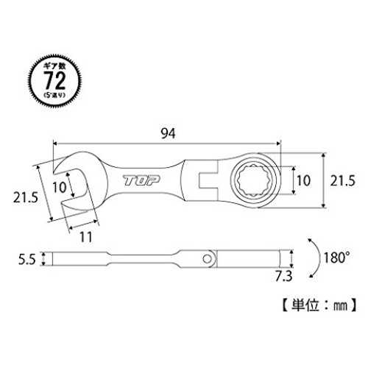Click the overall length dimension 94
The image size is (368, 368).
pyautogui.click(x=168, y=134)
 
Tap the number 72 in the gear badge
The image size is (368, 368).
pyautogui.click(x=54, y=80)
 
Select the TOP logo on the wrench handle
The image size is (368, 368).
pyautogui.click(x=141, y=180)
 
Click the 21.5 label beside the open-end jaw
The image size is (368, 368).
pyautogui.click(x=26, y=197)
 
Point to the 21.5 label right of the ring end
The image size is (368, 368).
pyautogui.click(x=342, y=181)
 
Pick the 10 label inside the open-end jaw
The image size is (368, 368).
pyautogui.click(x=59, y=188)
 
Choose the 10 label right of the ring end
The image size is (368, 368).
pyautogui.click(x=304, y=180)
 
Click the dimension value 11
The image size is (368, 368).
pyautogui.click(x=86, y=237)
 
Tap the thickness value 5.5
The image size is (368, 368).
pyautogui.click(x=27, y=259)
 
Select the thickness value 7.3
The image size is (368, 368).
pyautogui.click(x=283, y=277)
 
